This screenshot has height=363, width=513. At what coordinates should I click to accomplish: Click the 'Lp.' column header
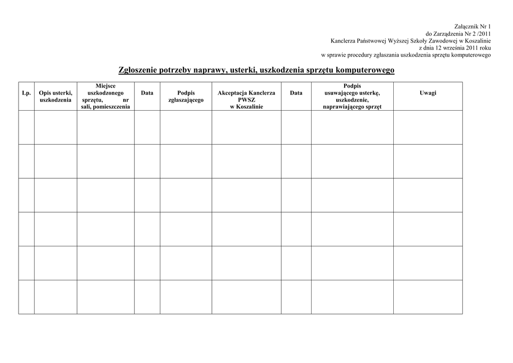[26, 93]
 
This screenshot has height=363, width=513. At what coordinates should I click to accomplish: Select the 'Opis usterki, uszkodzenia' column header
[56, 97]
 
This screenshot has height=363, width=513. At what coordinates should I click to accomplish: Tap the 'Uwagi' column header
[428, 93]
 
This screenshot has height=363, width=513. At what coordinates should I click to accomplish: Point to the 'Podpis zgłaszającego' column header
[186, 97]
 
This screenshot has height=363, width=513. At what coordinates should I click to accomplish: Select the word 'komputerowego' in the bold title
[366, 71]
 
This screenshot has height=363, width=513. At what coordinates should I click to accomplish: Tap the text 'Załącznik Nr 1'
[472, 26]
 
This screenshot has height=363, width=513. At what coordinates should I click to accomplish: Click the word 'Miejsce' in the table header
[106, 86]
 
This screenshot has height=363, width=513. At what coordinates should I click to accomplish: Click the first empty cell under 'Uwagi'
[428, 127]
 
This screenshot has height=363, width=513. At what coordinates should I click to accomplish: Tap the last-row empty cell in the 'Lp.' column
[26, 297]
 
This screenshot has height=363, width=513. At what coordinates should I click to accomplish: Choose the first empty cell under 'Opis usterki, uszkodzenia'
[56, 127]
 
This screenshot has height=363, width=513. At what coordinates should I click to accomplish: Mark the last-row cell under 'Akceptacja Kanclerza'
[246, 297]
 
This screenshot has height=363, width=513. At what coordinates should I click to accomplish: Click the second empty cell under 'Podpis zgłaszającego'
[186, 161]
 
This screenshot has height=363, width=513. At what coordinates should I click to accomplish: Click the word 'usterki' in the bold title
[242, 71]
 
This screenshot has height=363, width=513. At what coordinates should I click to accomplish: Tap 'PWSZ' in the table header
[246, 100]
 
